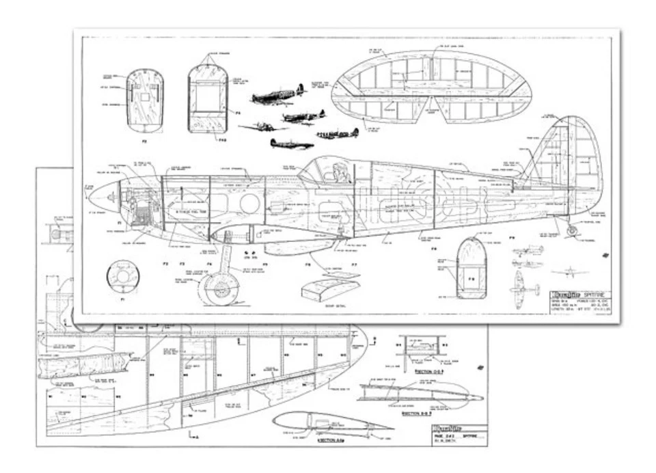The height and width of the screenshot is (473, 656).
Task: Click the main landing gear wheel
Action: (x=218, y=289)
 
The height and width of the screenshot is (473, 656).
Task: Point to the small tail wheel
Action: (x=571, y=231)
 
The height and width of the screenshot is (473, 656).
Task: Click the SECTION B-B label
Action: (x=418, y=413)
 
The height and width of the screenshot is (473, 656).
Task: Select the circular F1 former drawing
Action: (x=124, y=278)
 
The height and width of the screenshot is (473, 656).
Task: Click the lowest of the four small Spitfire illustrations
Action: (x=292, y=144)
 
